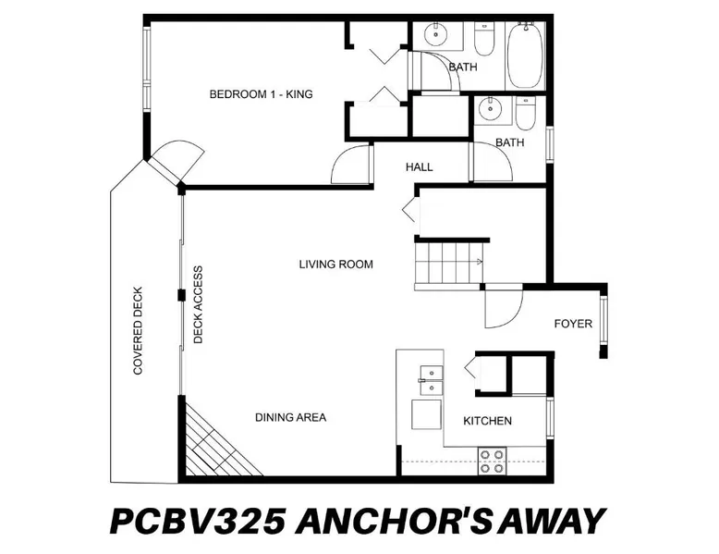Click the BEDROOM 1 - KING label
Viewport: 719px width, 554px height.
point(261,94)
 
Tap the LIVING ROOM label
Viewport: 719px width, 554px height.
point(336,265)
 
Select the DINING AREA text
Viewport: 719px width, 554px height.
point(291,417)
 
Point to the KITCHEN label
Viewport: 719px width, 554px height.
point(487,421)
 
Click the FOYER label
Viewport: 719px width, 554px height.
point(573,324)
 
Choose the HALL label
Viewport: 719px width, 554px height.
point(420,167)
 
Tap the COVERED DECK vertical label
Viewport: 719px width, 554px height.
point(138,331)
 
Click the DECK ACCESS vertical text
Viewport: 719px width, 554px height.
point(198,305)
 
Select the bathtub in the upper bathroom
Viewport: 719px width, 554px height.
point(526,55)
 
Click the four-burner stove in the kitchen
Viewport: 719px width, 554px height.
point(492,462)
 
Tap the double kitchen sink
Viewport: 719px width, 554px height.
point(431,380)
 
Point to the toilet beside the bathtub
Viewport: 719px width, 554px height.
point(483,40)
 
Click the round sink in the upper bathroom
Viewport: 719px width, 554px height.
point(435,34)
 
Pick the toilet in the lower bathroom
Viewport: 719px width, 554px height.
point(525,113)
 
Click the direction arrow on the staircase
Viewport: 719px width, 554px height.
point(479,262)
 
